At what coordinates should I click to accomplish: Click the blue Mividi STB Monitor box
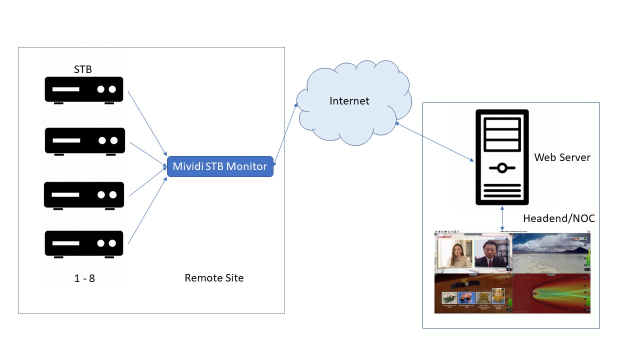pos(220,166)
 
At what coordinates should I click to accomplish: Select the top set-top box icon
pos(83,90)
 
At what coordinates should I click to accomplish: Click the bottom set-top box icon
pos(83,243)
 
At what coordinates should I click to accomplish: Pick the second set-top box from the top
pos(84,141)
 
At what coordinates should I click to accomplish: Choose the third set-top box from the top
pos(83,195)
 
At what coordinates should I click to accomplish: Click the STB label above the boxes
pos(83,69)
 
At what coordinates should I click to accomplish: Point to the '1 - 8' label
pos(84,278)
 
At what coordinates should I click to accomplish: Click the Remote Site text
pos(214,278)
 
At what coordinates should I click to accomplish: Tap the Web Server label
pos(562,157)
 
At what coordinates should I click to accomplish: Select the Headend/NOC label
pos(558,218)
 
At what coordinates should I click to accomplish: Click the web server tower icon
pos(501,157)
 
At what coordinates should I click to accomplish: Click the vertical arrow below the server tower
pos(502,218)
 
